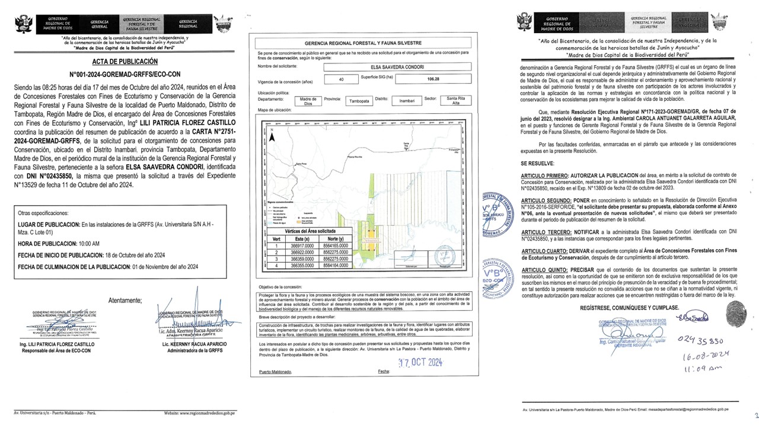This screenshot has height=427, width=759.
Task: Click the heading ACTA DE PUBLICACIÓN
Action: click(125, 61)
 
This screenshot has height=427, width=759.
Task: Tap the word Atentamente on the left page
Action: click(125, 301)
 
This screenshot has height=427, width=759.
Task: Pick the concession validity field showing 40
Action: click(340, 79)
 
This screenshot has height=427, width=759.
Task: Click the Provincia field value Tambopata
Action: click(358, 101)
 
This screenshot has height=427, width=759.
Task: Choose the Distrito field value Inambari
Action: click(407, 101)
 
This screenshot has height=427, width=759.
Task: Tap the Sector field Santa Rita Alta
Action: click(457, 101)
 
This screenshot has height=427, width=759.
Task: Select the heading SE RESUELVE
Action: click(538, 162)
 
